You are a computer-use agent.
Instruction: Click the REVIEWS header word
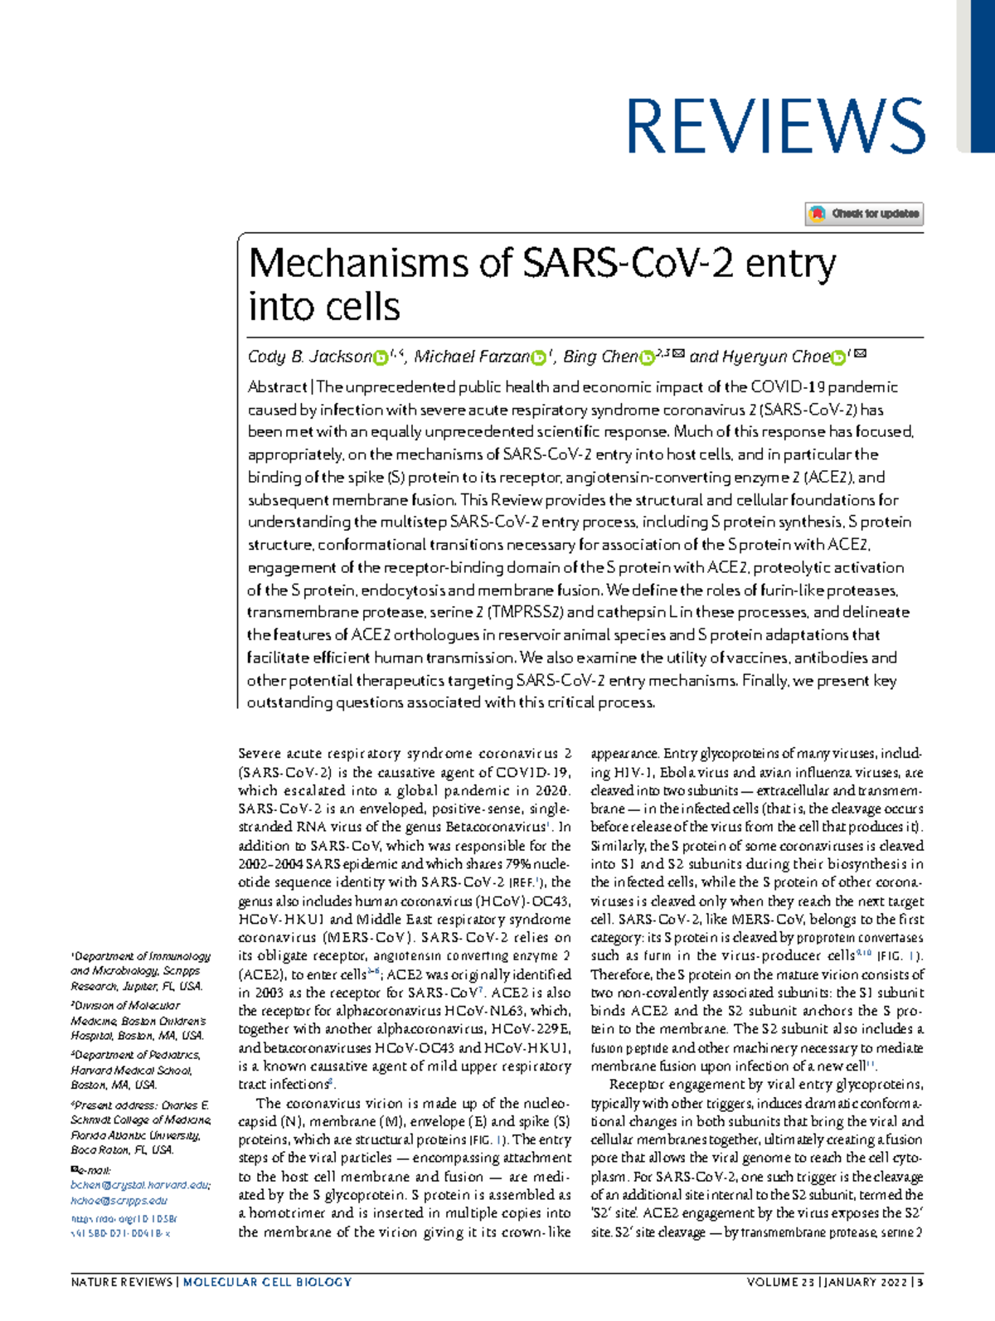click(x=774, y=125)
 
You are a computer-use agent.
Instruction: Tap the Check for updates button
click(x=864, y=214)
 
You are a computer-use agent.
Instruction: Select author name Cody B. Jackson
click(x=309, y=357)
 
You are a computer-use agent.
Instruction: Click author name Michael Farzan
click(x=471, y=357)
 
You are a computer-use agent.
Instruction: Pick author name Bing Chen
click(x=600, y=357)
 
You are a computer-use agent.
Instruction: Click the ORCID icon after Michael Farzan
click(x=539, y=357)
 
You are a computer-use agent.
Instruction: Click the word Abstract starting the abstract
click(x=277, y=387)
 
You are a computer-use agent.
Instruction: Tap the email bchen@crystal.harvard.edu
click(x=140, y=1185)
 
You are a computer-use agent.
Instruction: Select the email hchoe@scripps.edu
click(x=119, y=1200)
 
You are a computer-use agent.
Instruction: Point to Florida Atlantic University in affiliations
click(x=134, y=1135)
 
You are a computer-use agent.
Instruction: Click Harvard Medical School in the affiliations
click(x=130, y=1070)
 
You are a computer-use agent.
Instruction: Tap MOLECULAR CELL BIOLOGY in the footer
click(x=267, y=1282)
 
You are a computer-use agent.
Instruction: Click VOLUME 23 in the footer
click(x=779, y=1282)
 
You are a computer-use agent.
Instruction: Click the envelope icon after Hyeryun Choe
click(x=860, y=354)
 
